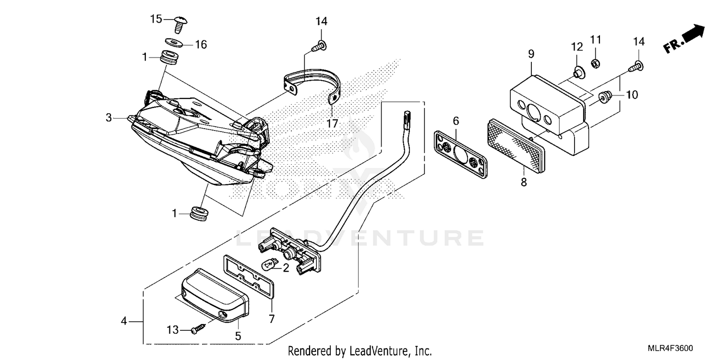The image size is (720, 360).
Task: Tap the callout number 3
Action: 109,118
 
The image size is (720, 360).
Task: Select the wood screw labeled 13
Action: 198,330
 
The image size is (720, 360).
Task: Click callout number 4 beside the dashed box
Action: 124,321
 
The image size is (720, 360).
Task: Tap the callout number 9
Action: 531,53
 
